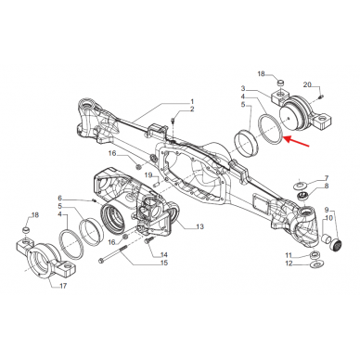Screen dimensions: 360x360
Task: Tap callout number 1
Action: pos(192,101)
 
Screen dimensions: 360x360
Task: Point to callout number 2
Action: pos(192,110)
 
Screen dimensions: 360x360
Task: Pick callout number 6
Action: pos(60,199)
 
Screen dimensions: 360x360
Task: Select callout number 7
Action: pos(326,176)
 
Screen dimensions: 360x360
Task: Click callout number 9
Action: pos(326,211)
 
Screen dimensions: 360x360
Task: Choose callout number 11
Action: pos(289,254)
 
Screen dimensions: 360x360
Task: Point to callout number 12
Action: pos(289,264)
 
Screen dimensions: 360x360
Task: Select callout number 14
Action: pos(164,254)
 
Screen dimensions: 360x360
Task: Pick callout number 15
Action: pos(164,264)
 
